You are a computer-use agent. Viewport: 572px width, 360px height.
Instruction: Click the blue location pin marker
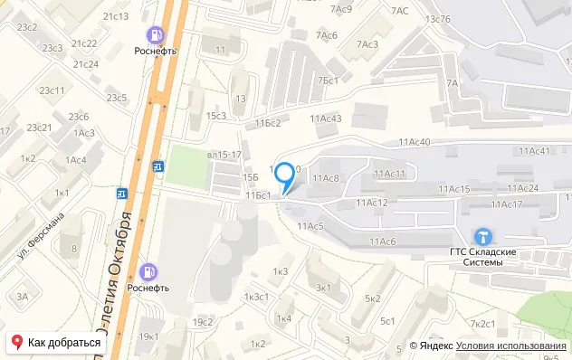point(285,174)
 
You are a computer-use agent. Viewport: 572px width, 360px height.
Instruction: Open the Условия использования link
point(510,346)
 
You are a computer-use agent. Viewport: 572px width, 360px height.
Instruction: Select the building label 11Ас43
point(326,118)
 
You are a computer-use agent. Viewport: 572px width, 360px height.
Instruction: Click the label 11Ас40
point(413,141)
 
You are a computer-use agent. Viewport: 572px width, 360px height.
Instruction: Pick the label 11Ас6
point(383,241)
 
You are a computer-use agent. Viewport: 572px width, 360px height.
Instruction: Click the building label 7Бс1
point(328,81)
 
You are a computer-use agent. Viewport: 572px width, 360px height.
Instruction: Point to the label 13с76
point(438,19)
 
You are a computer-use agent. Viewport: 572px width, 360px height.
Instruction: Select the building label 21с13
point(116,16)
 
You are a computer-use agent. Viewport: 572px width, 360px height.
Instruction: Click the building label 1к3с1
point(256,297)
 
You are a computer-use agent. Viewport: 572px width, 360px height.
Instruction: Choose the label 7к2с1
point(482,324)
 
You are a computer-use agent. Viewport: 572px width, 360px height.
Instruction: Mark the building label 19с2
point(202,322)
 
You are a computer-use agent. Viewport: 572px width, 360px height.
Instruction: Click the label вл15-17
point(224,156)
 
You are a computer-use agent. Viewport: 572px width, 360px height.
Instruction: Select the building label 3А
point(23,296)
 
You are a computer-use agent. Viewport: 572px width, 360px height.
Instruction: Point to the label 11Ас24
point(521,188)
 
